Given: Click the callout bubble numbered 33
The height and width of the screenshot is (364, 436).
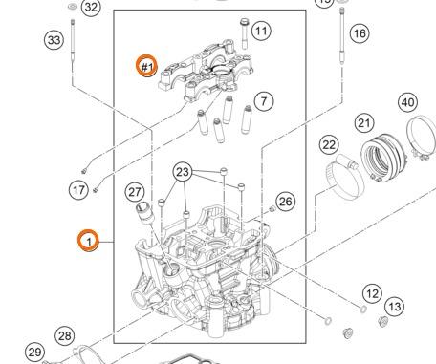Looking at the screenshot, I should click(x=54, y=39).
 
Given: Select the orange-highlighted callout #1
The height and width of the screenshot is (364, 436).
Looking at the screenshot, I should click(x=146, y=67).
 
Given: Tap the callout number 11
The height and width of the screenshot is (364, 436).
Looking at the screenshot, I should click(x=261, y=32).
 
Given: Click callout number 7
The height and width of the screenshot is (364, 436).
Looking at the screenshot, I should click(x=263, y=99).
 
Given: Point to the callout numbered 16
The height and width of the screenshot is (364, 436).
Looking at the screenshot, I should click(x=359, y=33).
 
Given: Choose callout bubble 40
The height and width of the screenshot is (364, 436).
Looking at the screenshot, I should click(x=407, y=102).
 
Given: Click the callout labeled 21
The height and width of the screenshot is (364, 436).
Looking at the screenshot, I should click(x=363, y=122).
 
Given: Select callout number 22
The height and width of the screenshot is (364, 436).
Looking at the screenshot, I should click(x=329, y=144).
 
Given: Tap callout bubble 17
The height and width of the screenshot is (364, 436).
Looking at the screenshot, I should click(x=79, y=190).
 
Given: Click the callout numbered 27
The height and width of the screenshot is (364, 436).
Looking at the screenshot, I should click(x=135, y=191).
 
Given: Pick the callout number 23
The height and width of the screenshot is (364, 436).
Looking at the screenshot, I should click(x=183, y=173).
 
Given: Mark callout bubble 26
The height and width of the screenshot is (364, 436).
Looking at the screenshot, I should click(x=286, y=202).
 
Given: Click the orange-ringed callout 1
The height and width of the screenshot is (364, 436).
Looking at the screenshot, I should click(x=87, y=242).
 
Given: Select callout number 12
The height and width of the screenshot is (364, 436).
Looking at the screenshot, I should click(x=372, y=292).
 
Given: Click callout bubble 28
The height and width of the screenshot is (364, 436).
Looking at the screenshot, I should click(x=64, y=335).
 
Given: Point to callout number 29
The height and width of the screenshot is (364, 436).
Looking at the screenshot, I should click(x=33, y=353).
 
